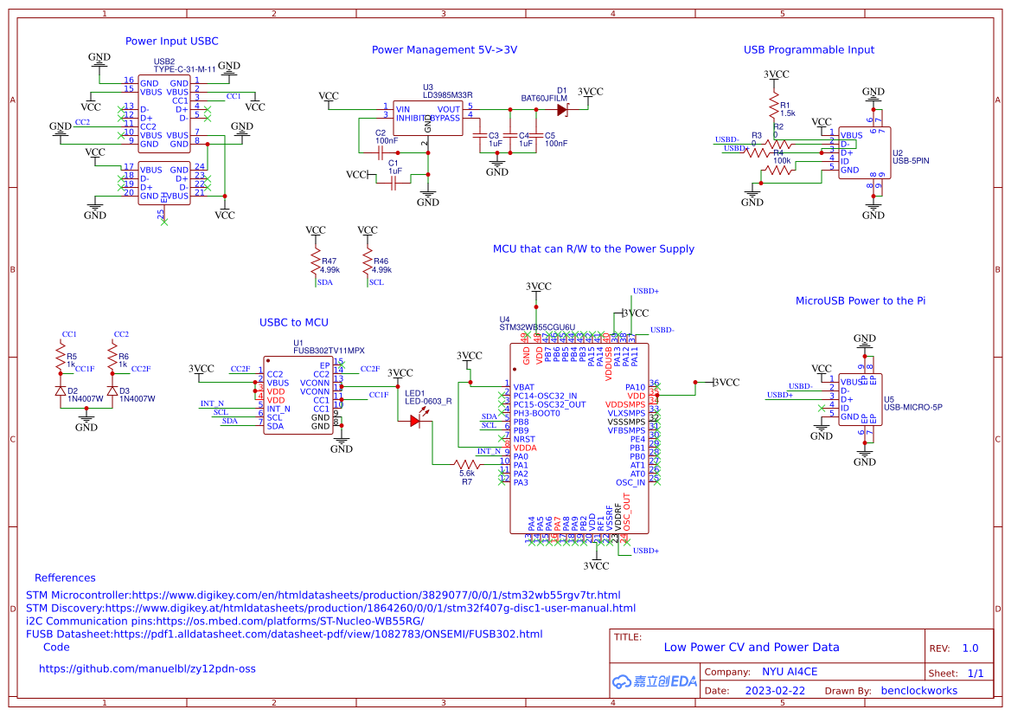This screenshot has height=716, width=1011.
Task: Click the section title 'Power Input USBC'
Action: pos(172,41)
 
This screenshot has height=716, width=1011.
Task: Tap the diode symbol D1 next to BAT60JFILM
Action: pos(562,109)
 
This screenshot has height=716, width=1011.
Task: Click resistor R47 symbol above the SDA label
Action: pos(317,261)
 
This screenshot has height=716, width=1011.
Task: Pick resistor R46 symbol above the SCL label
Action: pos(368,261)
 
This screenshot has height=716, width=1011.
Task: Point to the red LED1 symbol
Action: pos(415,421)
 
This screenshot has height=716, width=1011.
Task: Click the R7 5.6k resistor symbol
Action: pos(467,464)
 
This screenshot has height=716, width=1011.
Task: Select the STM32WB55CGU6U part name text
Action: pos(537,327)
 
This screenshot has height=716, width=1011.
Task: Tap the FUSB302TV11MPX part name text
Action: pos(329,351)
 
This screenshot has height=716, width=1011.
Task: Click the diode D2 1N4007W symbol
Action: pos(61,391)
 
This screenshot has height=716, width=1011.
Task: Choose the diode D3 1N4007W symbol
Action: pos(112,391)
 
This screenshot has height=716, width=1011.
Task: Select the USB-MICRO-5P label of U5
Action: pos(912,407)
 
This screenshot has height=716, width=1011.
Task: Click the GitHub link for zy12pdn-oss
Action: pos(147,668)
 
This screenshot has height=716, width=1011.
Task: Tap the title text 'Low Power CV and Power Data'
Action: pos(751,647)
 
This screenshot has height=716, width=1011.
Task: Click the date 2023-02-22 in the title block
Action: pos(774,691)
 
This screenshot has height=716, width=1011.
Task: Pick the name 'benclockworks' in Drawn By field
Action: pos(918,691)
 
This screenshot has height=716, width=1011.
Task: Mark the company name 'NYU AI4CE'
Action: pos(789,672)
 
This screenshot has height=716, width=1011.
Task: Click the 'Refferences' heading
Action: pos(65,577)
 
